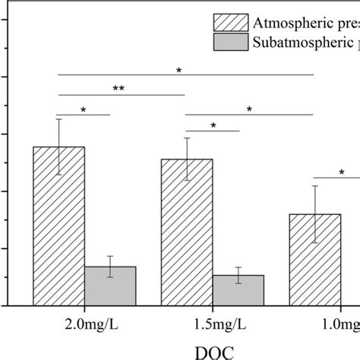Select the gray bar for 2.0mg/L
pos(110,286)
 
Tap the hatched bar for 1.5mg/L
pos(187,232)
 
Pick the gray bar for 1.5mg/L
pos(238,290)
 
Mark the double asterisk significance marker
pos(119,89)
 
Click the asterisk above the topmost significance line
pos(179,70)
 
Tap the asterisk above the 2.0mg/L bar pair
pos(84,109)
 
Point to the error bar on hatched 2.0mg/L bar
pos(58,147)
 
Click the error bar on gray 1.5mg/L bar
pos(238,275)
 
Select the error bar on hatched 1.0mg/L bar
pos(315,214)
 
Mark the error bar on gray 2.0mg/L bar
pos(110,267)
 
